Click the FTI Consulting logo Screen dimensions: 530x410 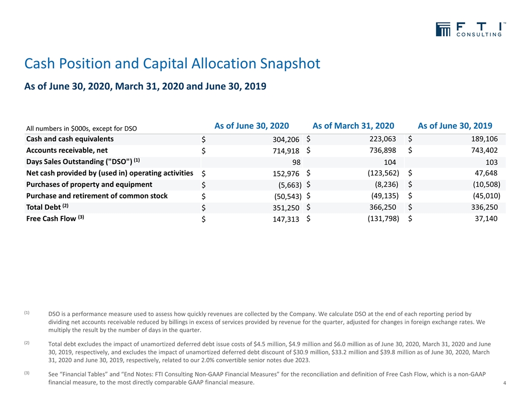[470, 30]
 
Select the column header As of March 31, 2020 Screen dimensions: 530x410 [353, 126]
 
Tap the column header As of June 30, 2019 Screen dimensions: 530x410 [455, 126]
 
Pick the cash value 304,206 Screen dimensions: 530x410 [286, 139]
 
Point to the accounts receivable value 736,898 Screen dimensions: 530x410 [382, 150]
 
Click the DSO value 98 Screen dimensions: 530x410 [297, 162]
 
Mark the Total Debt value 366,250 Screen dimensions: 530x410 [382, 207]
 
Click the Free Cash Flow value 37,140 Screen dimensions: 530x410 [486, 219]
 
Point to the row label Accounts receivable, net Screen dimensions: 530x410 [67, 150]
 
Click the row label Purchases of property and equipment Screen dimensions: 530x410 [89, 184]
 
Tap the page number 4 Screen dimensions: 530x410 [504, 383]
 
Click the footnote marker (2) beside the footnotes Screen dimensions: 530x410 [27, 343]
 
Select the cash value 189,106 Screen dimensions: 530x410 [484, 139]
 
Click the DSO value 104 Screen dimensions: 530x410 [390, 162]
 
